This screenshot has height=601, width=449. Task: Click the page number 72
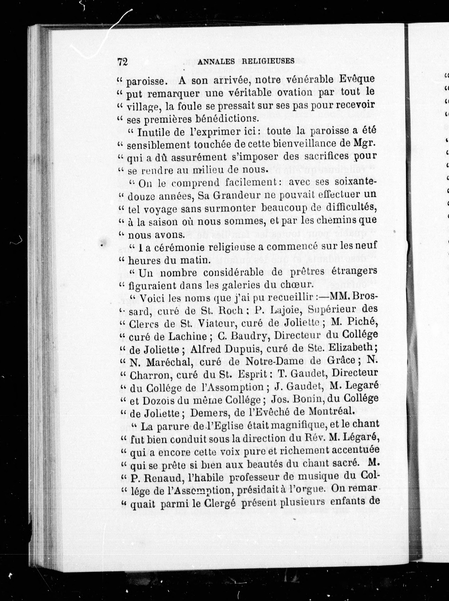pos(123,62)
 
